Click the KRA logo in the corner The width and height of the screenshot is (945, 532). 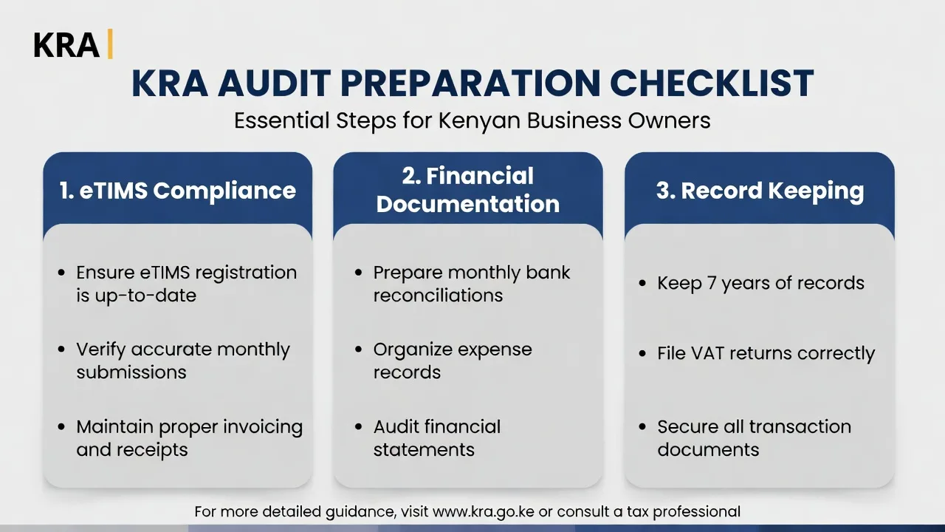(66, 45)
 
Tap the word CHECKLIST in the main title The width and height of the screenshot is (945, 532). (712, 83)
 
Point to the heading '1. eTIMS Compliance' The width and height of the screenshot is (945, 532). (177, 191)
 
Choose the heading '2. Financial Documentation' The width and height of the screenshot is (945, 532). (468, 190)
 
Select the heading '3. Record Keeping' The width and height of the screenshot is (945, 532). (760, 191)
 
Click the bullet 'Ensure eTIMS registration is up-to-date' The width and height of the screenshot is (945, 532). (186, 284)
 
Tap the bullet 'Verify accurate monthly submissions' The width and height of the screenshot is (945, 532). (182, 361)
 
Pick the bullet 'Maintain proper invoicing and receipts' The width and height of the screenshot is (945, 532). (189, 438)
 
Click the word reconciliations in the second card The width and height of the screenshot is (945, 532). (438, 296)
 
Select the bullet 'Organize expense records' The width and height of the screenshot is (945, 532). (452, 361)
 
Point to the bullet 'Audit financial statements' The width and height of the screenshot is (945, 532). (436, 438)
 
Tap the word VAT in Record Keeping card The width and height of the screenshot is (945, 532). (713, 353)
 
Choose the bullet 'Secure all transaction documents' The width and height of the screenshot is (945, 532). (754, 438)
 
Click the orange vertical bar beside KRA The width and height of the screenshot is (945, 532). (110, 44)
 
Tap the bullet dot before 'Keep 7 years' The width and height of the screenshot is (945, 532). (642, 284)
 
